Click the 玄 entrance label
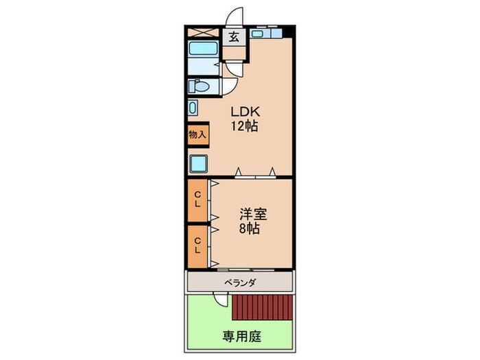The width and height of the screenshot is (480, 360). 235,37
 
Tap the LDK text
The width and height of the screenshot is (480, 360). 245,112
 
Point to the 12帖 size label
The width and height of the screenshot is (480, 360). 244,125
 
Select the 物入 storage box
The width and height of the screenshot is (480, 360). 197,134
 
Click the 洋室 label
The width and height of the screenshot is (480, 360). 253,214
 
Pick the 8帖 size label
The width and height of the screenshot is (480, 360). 250,228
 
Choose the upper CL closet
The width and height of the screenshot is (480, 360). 197,200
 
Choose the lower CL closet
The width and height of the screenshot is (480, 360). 197,246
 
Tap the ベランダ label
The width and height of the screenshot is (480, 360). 240,283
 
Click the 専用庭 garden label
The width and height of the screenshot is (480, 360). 242,337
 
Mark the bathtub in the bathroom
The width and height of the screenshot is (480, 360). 203,49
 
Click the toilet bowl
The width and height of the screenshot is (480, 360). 199,86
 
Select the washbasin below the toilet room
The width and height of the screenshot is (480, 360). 193,108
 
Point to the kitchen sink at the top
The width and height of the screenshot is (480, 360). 257,34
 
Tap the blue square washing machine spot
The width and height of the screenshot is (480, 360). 199,163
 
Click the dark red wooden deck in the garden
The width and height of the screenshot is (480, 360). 263,307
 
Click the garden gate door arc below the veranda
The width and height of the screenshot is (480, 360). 219,301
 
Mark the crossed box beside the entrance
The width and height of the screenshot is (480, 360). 203,32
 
